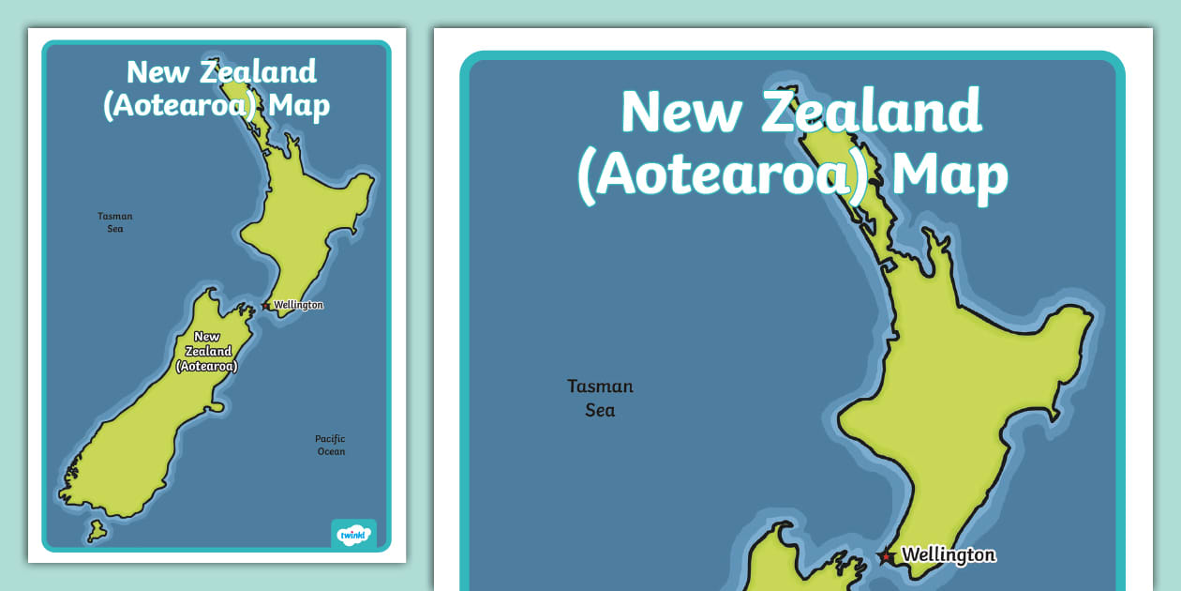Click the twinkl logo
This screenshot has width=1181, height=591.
coord(353,534)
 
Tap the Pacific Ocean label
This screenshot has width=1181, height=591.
coord(330,445)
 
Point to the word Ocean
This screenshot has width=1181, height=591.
coord(331,451)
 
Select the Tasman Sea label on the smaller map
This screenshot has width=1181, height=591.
coord(115,221)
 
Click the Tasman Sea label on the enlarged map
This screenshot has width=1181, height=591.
coord(600,398)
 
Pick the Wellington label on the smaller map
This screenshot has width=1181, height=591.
coord(298,305)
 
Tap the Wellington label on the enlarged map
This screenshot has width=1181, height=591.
coord(948,554)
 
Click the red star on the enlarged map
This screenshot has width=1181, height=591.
coord(886,556)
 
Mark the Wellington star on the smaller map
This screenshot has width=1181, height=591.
coord(267,305)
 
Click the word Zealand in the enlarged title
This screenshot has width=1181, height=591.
coord(871,112)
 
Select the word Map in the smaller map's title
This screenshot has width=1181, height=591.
coord(299,105)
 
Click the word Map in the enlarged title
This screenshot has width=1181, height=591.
coord(949,174)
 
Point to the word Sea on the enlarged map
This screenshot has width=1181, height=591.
coord(600,410)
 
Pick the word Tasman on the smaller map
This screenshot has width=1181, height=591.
coord(115,216)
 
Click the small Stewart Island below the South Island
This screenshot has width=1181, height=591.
coord(97,532)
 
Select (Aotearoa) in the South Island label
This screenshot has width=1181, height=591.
coord(207,366)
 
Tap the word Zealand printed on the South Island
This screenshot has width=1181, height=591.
coord(207,351)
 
